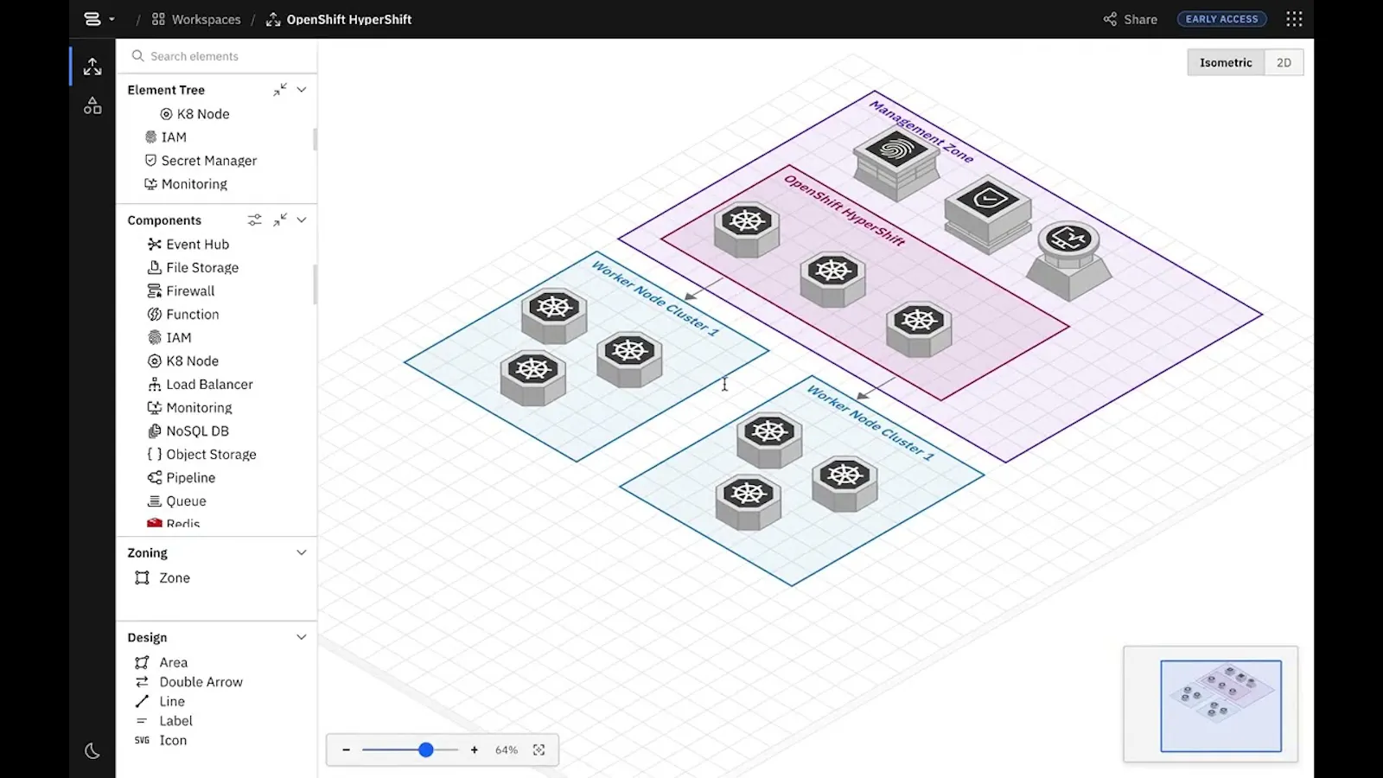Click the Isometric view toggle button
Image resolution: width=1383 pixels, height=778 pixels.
coord(1226,62)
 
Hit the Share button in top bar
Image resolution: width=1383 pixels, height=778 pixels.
coord(1130,19)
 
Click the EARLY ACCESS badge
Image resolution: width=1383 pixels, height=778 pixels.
coord(1222,19)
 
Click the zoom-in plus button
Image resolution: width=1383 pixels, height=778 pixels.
coord(475,749)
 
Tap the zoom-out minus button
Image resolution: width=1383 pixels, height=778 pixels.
coord(347,749)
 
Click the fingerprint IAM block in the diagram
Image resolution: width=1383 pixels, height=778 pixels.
coord(896,163)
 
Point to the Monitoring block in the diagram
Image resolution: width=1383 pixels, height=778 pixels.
coord(1069,260)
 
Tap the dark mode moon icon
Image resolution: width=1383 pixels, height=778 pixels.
coord(92,751)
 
